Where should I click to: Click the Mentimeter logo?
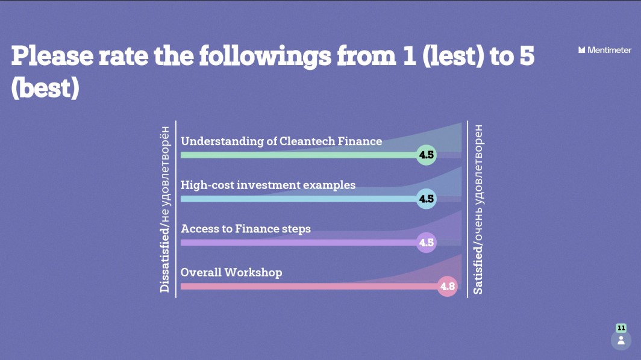pos(605,50)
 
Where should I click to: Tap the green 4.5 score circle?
pos(426,155)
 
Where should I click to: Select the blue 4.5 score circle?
pos(426,199)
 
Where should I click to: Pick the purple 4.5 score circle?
pos(426,243)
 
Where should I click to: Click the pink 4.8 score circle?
pos(447,286)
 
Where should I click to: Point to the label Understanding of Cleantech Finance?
pos(281,141)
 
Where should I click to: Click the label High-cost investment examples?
pos(268,185)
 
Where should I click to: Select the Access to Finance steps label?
pos(246,229)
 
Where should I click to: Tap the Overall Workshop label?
pos(231,273)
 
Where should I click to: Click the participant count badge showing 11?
pos(621,327)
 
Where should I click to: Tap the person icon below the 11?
pos(621,340)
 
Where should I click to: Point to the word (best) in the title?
pos(45,88)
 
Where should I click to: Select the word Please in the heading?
pos(52,56)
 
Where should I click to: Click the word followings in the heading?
pos(265,57)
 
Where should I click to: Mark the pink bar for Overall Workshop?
pos(310,287)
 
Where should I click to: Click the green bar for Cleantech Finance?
pos(299,155)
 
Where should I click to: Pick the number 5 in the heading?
pos(527,56)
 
